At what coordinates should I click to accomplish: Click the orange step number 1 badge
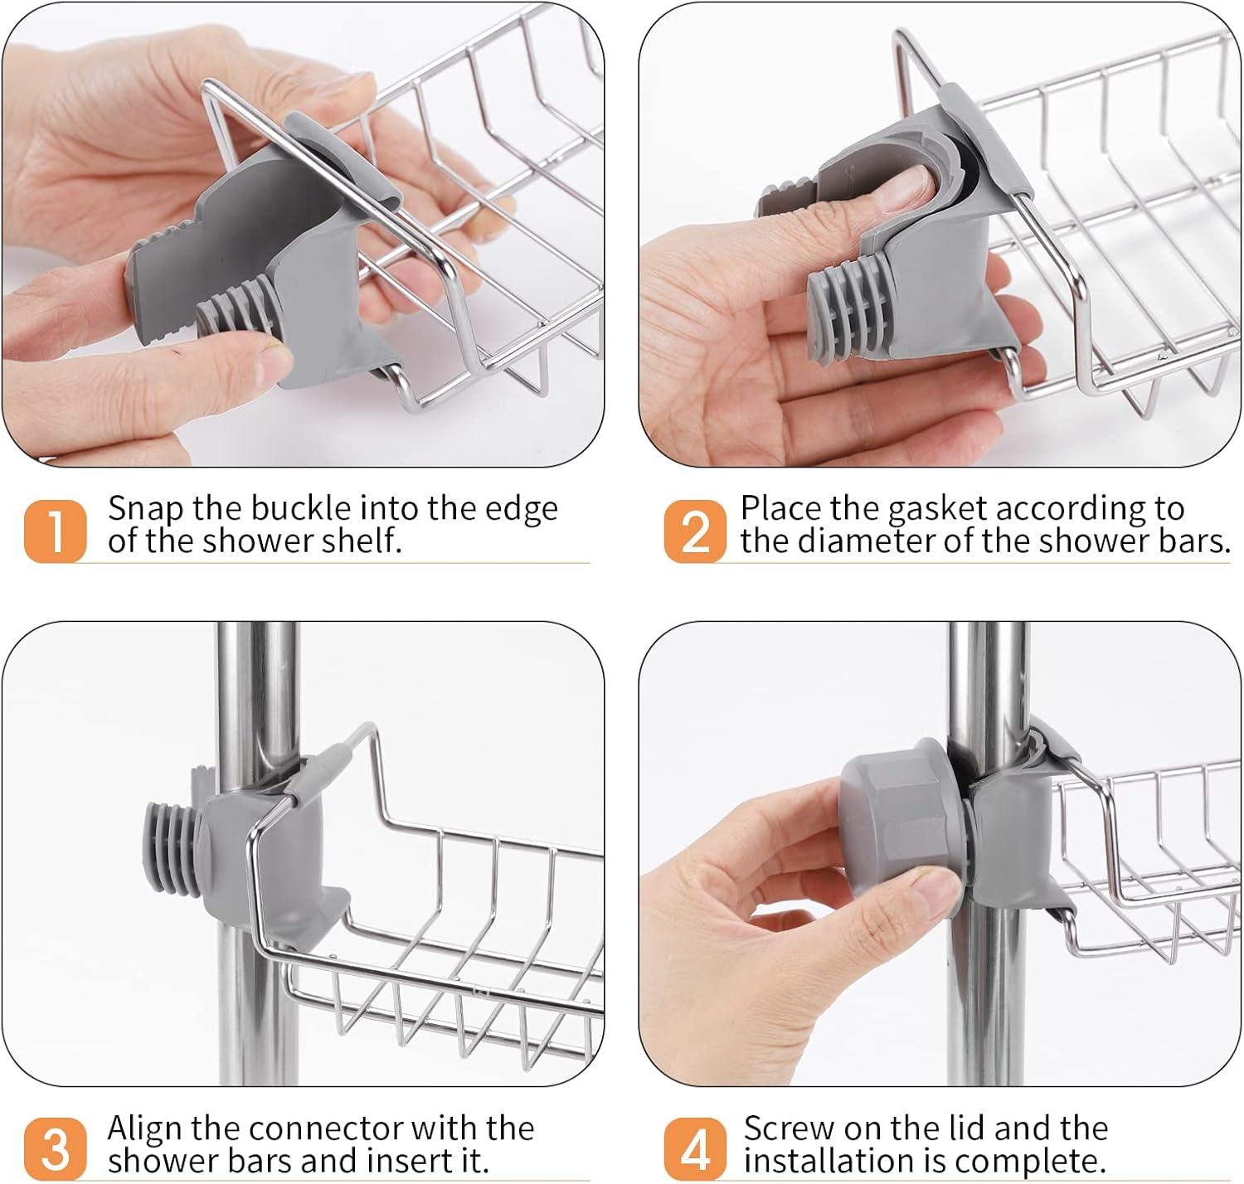point(55,531)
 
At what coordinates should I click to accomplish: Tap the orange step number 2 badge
point(695,531)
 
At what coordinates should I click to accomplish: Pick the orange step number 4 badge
point(695,1150)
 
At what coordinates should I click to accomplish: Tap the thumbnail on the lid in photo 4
point(934,898)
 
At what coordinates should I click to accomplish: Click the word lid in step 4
point(968,1128)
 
